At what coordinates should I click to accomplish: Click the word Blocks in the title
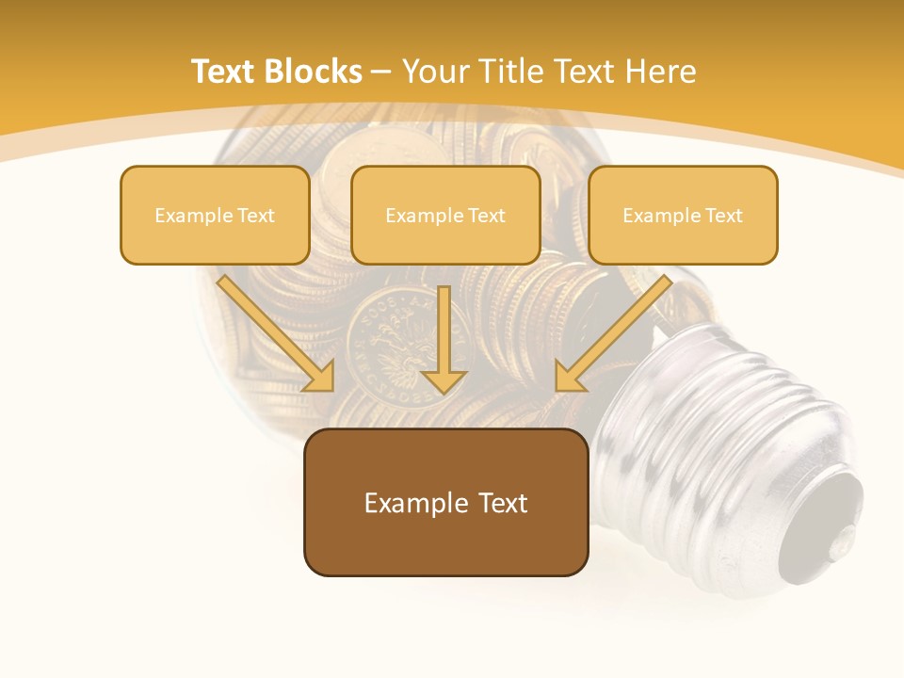(x=312, y=72)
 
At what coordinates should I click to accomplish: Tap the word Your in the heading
(x=437, y=72)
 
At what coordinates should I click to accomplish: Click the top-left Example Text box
(x=215, y=215)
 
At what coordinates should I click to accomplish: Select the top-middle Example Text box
(x=445, y=215)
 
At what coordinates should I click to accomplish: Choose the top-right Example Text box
(x=683, y=215)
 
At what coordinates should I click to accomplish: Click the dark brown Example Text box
(x=446, y=502)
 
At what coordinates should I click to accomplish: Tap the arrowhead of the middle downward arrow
(x=444, y=380)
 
